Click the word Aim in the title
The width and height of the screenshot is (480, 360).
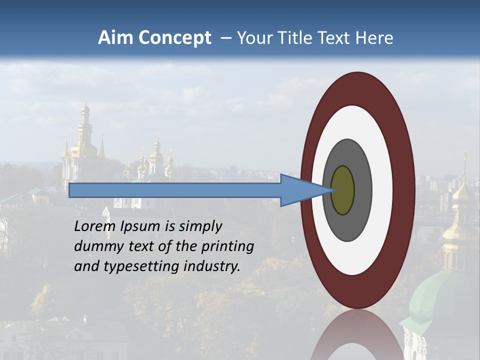pyautogui.click(x=115, y=38)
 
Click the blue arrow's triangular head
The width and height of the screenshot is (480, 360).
pyautogui.click(x=300, y=190)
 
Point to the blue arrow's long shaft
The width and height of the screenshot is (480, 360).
pyautogui.click(x=175, y=190)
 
